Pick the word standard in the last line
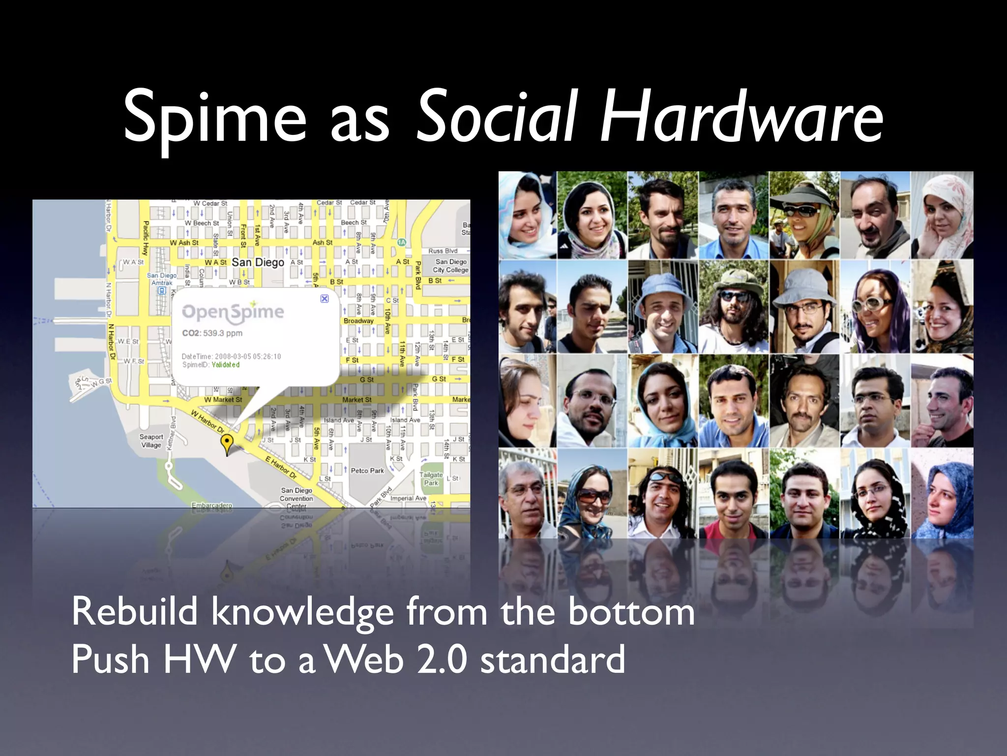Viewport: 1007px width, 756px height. tap(553, 660)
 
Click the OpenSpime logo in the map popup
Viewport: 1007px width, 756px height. tap(233, 312)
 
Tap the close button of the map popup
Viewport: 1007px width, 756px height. tap(325, 298)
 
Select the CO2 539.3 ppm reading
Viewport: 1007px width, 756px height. tap(212, 333)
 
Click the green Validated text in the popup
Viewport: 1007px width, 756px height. tap(226, 365)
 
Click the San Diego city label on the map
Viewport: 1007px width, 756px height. tap(258, 262)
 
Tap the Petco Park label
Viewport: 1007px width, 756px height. tap(367, 471)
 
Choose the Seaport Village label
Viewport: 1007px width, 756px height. tap(151, 441)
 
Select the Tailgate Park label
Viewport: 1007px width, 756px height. tap(431, 478)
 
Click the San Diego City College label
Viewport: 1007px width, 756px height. tap(451, 266)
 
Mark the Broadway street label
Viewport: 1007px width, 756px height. tap(358, 321)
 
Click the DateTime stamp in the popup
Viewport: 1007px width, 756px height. tap(231, 356)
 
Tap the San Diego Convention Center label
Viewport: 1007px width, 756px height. tap(296, 498)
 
